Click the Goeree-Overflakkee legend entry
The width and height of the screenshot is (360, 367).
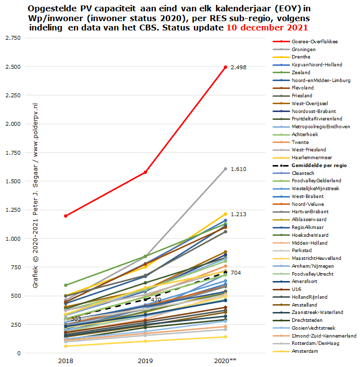[x=314, y=42]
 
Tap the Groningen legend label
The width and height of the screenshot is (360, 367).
[x=303, y=50]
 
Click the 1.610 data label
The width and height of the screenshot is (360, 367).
[x=239, y=169]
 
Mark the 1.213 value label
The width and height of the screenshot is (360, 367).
[x=239, y=214]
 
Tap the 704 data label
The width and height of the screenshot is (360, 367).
[x=236, y=273]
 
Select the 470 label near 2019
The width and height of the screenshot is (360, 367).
[x=156, y=299]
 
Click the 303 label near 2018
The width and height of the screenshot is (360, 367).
[x=76, y=319]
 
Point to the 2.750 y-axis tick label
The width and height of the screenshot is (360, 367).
[x=12, y=38]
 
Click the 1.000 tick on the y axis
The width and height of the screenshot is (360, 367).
[x=12, y=239]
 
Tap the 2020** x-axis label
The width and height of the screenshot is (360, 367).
[x=225, y=361]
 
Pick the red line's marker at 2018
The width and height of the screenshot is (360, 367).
[x=65, y=216]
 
